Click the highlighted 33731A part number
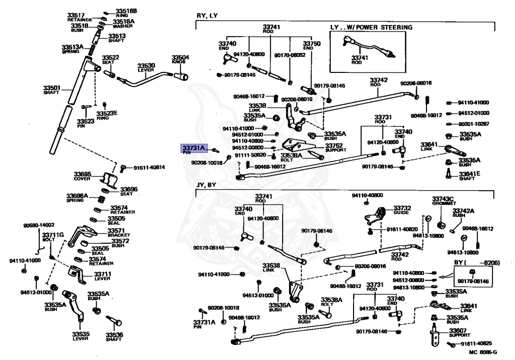pyautogui.click(x=194, y=148)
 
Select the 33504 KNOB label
pyautogui.click(x=181, y=60)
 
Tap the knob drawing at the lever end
pyautogui.click(x=182, y=77)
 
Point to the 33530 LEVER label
pyautogui.click(x=147, y=68)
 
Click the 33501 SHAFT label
pyautogui.click(x=51, y=91)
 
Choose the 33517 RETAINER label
pyautogui.click(x=76, y=18)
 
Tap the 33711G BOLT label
pyautogui.click(x=52, y=237)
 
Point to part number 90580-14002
pyautogui.click(x=39, y=225)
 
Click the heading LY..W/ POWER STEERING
pyautogui.click(x=371, y=27)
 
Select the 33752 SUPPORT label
pyautogui.click(x=335, y=147)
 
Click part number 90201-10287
pyautogui.click(x=474, y=124)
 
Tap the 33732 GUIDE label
pyautogui.click(x=402, y=210)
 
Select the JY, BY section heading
pyautogui.click(x=206, y=185)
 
